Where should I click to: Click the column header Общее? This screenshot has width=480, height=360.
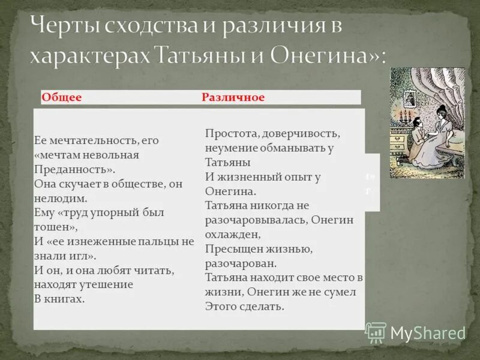point(62,97)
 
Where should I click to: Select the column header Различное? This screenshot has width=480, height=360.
point(233,97)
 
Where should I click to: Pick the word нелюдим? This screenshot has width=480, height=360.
point(61,198)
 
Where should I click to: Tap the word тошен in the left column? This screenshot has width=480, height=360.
point(53,227)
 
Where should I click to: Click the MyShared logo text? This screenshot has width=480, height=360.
point(427,334)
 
